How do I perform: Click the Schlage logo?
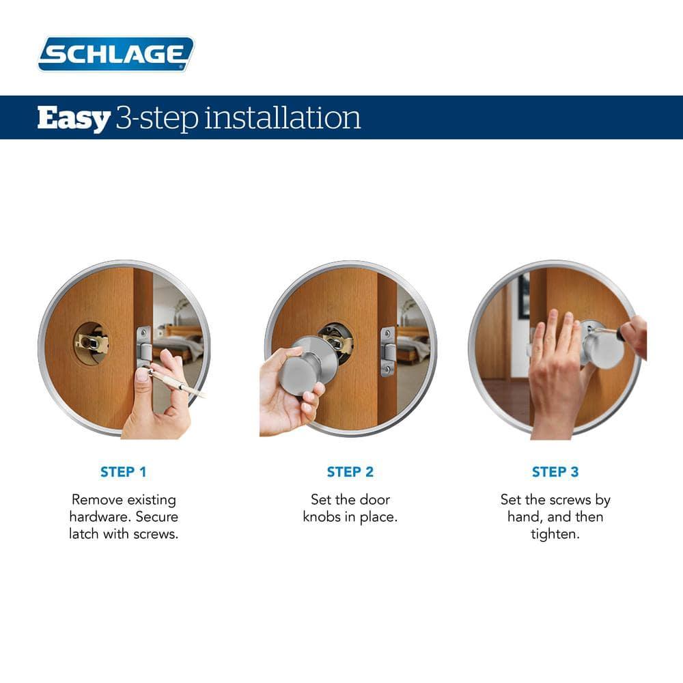pyautogui.click(x=116, y=54)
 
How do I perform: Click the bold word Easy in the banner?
pyautogui.click(x=73, y=117)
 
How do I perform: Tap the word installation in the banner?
pyautogui.click(x=283, y=117)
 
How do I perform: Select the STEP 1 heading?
pyautogui.click(x=124, y=472)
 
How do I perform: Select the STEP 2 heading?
pyautogui.click(x=350, y=472)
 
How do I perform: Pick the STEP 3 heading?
pyautogui.click(x=555, y=472)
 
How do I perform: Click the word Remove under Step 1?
pyautogui.click(x=96, y=499)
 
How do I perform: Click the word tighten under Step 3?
pyautogui.click(x=555, y=534)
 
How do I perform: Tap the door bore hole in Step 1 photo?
pyautogui.click(x=92, y=343)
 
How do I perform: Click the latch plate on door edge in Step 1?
pyautogui.click(x=143, y=346)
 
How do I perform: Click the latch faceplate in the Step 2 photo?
pyautogui.click(x=388, y=351)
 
